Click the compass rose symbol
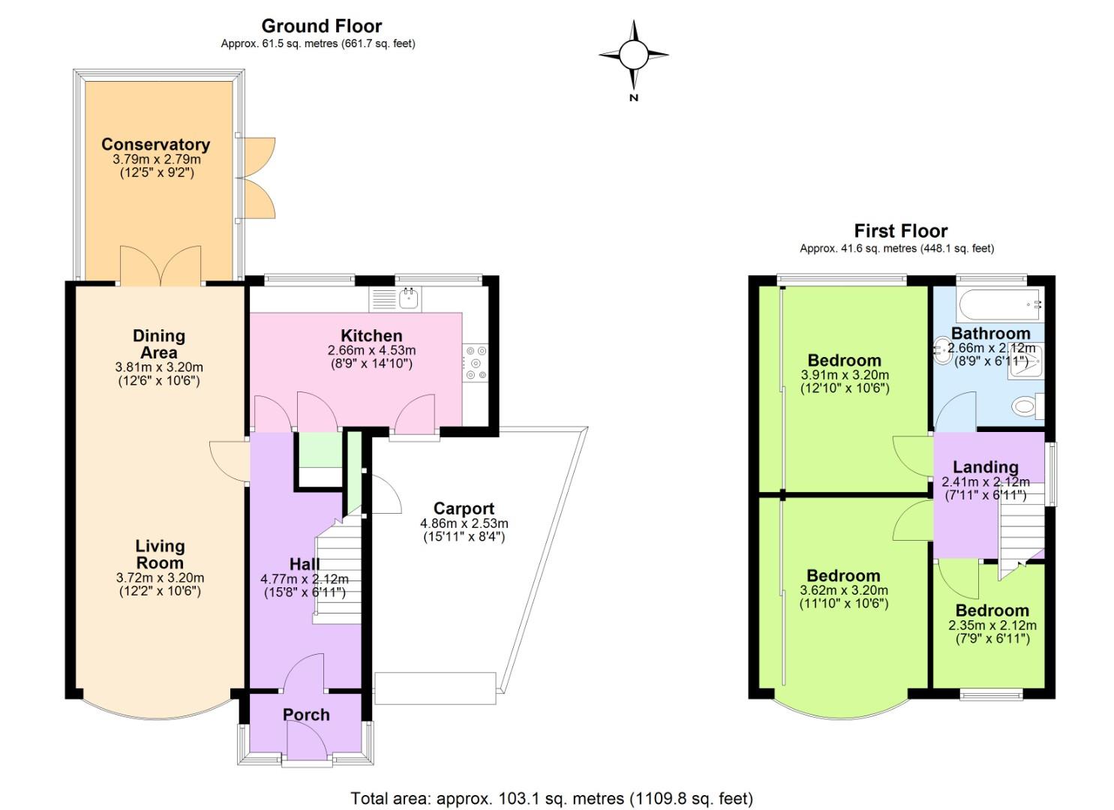633,55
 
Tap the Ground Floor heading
321,26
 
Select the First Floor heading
900,231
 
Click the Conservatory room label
155,144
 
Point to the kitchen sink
408,298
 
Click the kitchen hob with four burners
476,362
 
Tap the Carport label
464,508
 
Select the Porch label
306,715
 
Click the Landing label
985,467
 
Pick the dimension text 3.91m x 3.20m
845,375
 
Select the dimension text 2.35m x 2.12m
992,625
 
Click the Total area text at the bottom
551,798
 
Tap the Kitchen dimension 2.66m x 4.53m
371,350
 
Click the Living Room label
160,554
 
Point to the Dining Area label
158,343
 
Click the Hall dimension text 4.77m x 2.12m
304,579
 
